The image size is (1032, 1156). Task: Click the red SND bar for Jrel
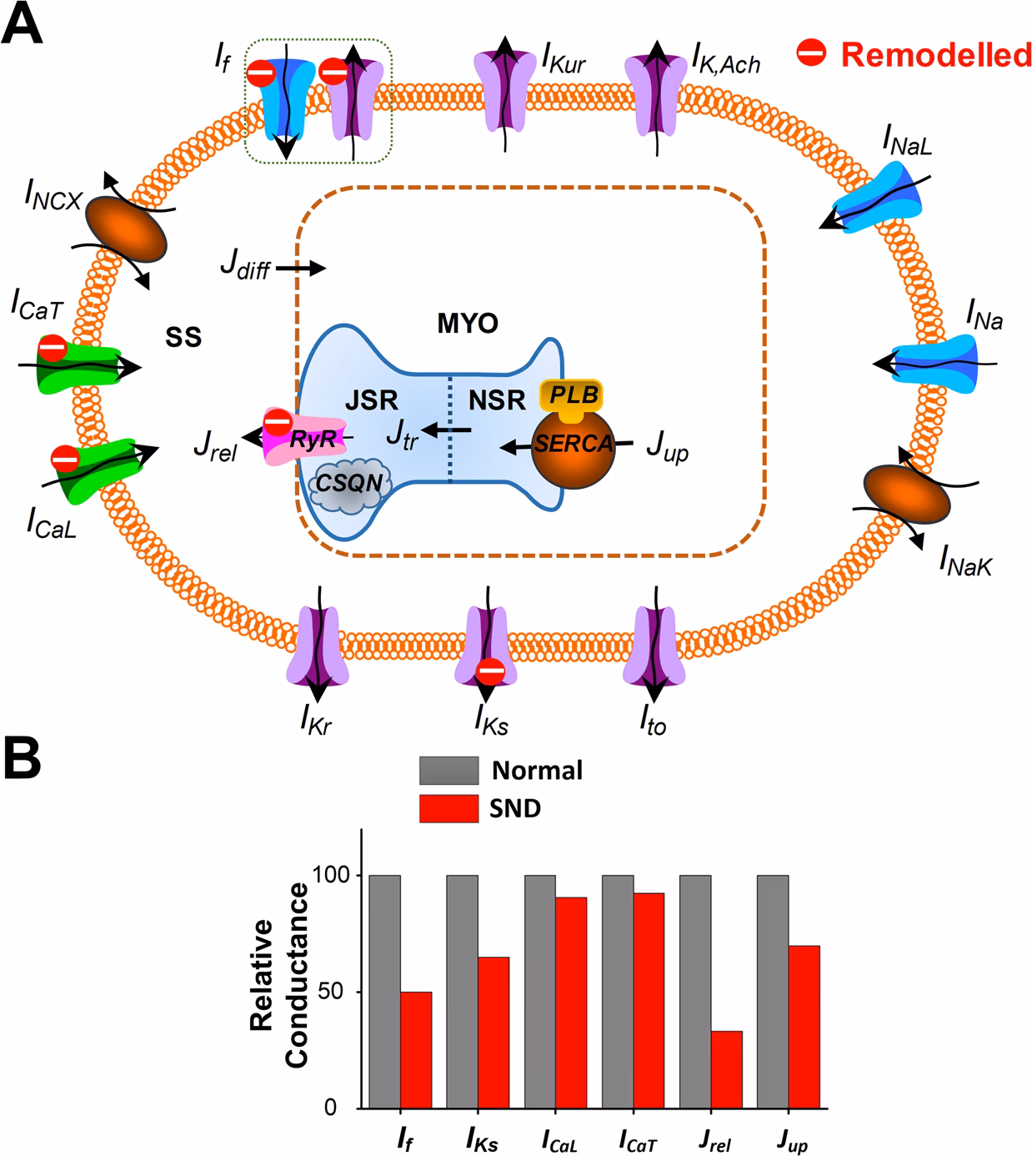tap(727, 1069)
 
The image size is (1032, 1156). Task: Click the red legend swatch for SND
tap(448, 808)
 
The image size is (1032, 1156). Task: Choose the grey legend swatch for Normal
tap(448, 770)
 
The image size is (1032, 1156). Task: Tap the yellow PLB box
tap(571, 395)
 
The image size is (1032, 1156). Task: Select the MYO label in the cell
tap(468, 324)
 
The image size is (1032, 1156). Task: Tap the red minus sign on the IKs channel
tap(490, 670)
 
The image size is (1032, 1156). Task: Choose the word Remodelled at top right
tap(936, 54)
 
